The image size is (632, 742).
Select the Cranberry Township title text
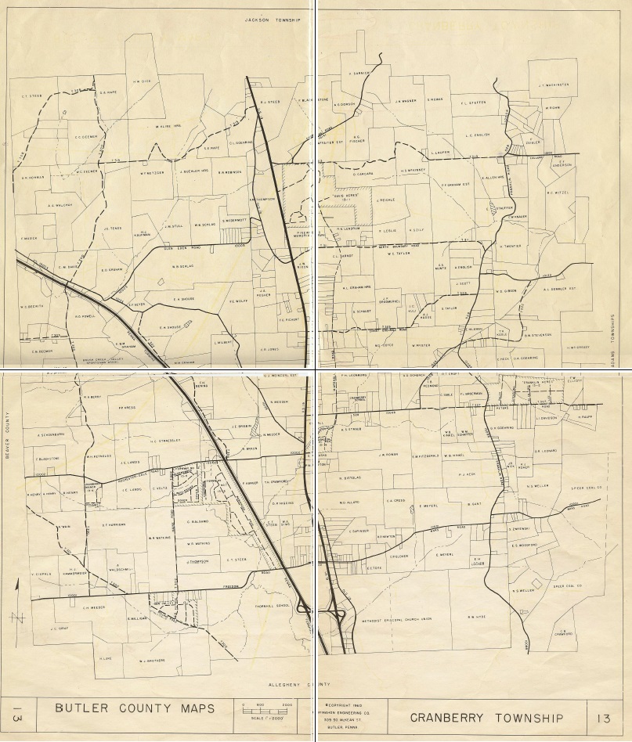486,718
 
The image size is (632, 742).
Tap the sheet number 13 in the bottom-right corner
603,718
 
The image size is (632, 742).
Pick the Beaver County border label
6,443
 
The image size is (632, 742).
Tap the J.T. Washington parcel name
553,85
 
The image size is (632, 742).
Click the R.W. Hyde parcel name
477,617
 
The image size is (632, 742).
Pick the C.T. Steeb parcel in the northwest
31,97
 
